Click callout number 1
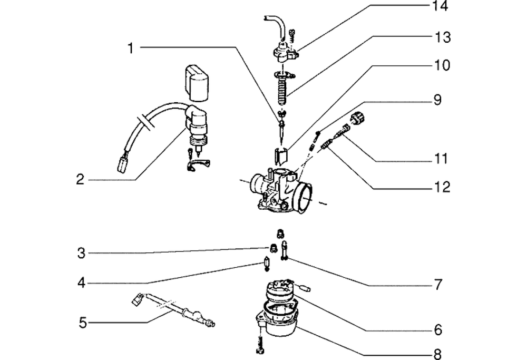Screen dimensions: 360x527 pyautogui.click(x=131, y=48)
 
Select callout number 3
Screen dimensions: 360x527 pyautogui.click(x=81, y=254)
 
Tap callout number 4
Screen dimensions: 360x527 pyautogui.click(x=81, y=283)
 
